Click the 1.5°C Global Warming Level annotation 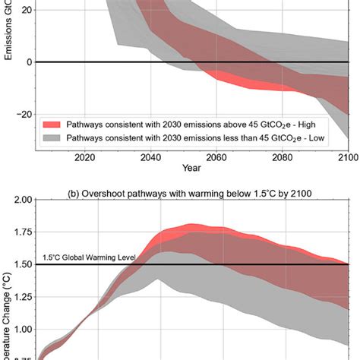pos(89,258)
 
